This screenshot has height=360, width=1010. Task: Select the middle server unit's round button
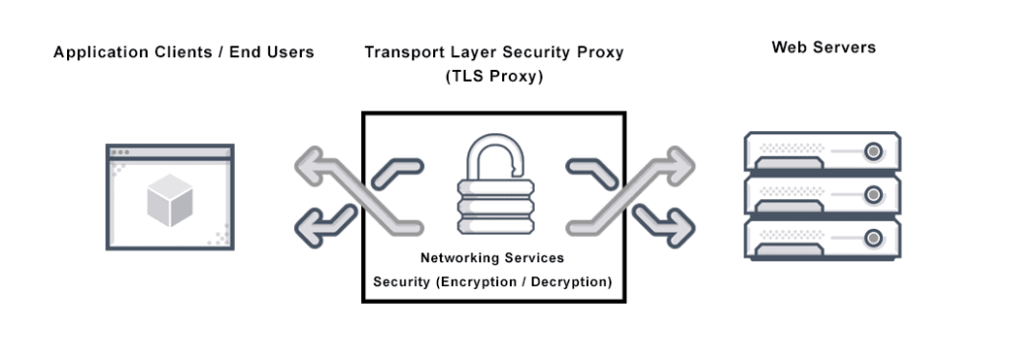[873, 195]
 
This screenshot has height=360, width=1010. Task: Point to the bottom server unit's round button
[873, 238]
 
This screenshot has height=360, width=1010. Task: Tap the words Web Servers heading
[823, 47]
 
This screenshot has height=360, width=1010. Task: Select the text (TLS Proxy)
[494, 75]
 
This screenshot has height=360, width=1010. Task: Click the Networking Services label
[493, 258]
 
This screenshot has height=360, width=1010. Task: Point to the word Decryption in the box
[571, 282]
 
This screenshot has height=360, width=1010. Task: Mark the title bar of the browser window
[170, 153]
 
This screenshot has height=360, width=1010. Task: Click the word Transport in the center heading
[401, 52]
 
